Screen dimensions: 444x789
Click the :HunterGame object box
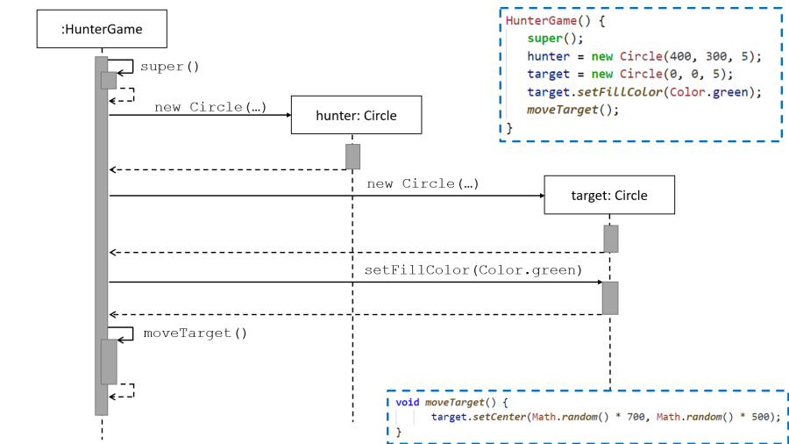pos(102,30)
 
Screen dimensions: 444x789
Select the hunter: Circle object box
pos(356,116)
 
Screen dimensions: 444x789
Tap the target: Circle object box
pos(609,195)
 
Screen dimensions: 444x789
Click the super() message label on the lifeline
pos(170,67)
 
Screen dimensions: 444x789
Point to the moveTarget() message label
pos(195,333)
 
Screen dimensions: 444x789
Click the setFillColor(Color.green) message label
pos(473,270)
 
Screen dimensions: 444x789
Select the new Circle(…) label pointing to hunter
pos(210,107)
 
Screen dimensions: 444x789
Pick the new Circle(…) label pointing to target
pos(423,183)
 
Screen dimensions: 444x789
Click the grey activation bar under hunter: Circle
pos(352,156)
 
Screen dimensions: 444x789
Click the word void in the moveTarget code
pos(408,402)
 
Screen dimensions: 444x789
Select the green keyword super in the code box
pos(543,39)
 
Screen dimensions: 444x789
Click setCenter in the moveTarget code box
pos(499,417)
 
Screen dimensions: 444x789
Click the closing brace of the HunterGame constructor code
pos(509,127)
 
